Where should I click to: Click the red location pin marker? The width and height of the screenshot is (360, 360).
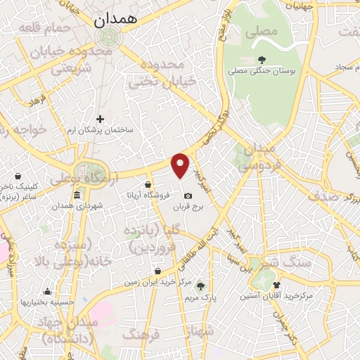181,165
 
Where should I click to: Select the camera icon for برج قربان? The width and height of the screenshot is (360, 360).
188,195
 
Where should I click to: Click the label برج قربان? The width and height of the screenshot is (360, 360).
188,207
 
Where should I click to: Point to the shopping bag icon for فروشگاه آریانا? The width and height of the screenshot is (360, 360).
148,185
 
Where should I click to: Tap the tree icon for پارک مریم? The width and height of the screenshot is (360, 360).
201,285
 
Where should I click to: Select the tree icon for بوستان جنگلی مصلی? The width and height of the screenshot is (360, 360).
262,60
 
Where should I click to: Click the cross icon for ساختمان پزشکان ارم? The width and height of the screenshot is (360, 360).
101,119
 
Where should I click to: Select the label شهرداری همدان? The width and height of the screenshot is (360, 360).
77,205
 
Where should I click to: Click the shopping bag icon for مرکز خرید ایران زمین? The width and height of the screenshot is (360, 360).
157,271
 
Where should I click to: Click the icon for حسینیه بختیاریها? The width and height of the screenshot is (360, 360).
47,292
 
